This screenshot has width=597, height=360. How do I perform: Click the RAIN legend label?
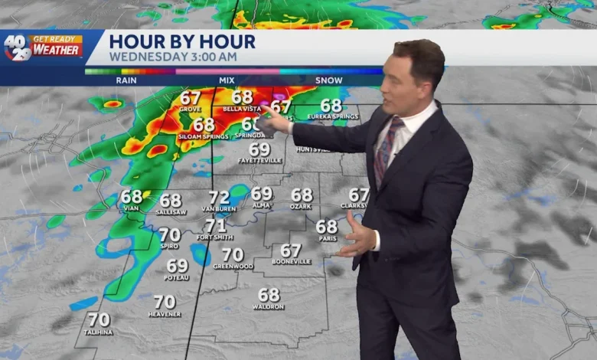pos(126,80)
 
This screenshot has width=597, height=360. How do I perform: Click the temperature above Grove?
pos(191,99)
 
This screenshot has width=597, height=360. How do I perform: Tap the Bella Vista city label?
pos(241,110)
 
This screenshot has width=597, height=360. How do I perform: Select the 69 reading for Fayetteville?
pos(259,149)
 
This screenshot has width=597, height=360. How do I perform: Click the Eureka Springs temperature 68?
pos(331,106)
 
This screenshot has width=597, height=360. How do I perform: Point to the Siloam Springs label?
pos(203,136)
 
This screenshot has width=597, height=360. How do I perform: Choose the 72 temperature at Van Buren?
pos(219,198)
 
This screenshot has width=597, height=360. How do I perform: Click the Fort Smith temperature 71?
pos(215,225)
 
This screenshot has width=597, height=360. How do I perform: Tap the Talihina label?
pos(99,332)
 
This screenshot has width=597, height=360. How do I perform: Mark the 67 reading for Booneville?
pos(291,250)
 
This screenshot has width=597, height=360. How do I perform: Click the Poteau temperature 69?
pos(177,266)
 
